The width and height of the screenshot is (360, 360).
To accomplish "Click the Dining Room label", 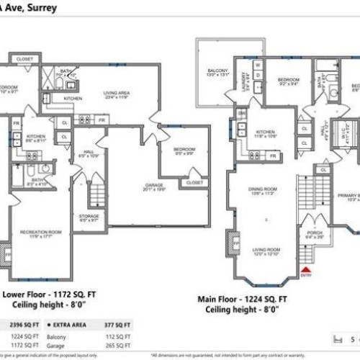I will (x=263, y=192).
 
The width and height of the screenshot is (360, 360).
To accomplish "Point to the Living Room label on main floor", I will (x=264, y=252).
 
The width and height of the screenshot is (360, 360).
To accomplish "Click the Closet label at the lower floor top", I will (x=24, y=58).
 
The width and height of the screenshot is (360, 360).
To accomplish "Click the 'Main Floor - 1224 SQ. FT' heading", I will (x=244, y=297).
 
